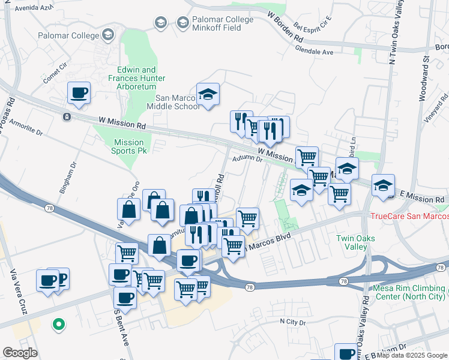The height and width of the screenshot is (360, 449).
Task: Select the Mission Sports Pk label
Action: click(128, 146)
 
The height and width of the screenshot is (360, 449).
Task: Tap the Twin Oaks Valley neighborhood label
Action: click(355, 242)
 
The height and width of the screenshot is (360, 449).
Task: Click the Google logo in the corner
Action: click(20, 353)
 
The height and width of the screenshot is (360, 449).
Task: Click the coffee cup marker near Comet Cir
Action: click(79, 94)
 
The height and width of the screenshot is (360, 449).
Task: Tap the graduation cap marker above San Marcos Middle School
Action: click(208, 95)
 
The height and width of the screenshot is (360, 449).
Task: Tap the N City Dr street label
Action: click(293, 322)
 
